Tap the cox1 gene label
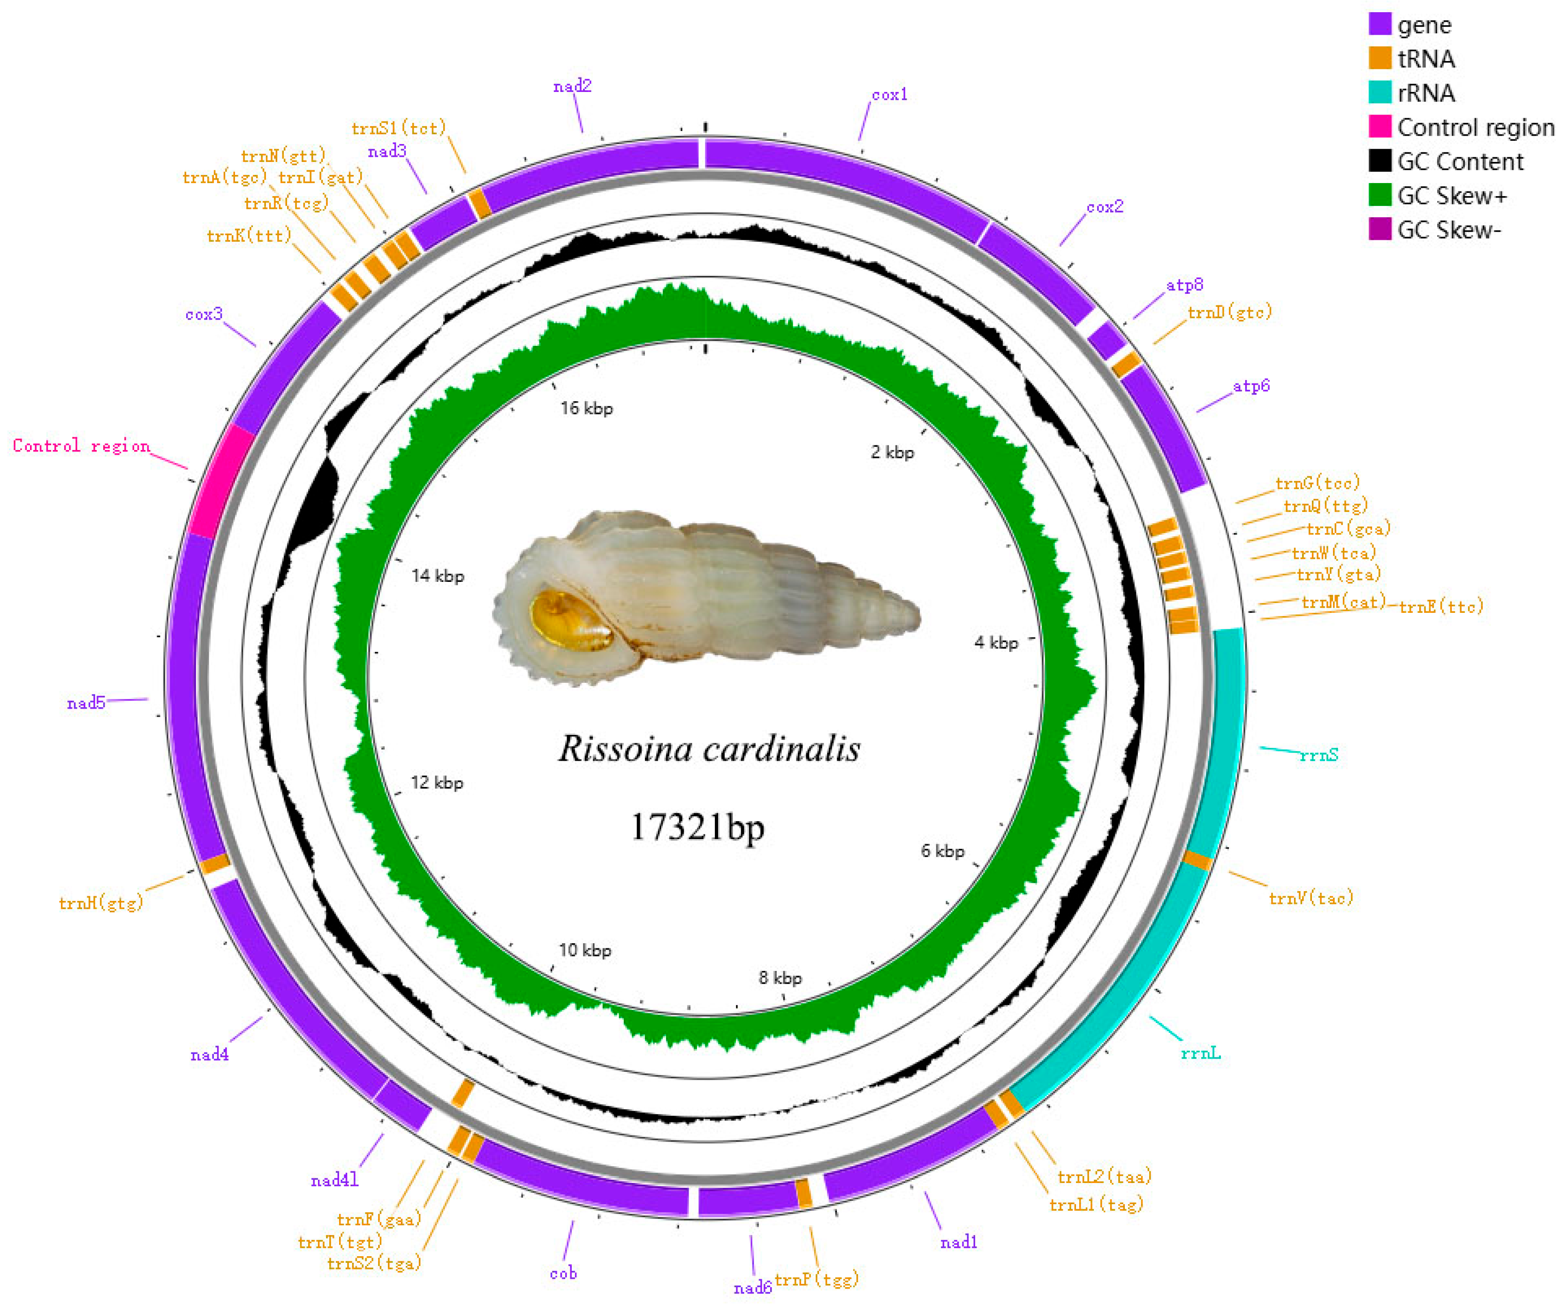889,95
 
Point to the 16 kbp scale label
586,408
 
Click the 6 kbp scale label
942,851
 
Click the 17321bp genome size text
697,827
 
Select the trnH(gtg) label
101,903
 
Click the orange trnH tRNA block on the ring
215,864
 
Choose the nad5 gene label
86,703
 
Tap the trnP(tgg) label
816,1279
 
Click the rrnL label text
1200,1053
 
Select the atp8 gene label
1184,284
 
